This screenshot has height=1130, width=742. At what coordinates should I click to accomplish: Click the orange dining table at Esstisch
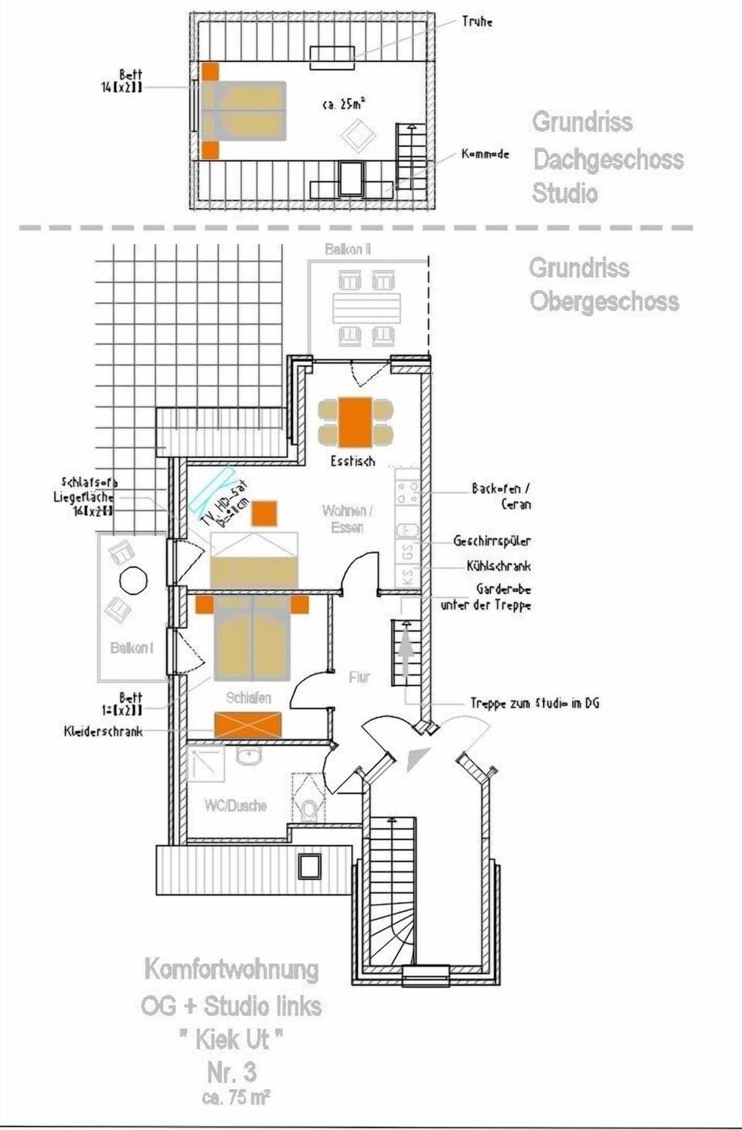(356, 422)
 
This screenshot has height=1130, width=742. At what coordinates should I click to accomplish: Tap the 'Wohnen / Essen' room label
(347, 518)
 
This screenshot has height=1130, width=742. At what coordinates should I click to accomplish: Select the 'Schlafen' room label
(248, 698)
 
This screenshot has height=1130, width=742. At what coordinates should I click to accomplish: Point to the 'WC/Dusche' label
(235, 806)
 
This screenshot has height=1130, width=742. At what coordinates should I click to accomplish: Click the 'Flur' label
(359, 678)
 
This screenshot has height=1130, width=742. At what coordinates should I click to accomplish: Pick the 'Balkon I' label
(131, 648)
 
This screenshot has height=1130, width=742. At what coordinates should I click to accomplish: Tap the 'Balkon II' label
(348, 249)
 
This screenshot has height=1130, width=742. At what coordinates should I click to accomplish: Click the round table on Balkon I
(134, 580)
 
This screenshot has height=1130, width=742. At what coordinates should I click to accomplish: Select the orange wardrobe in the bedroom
(247, 725)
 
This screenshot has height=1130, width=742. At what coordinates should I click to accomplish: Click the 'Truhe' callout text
(477, 22)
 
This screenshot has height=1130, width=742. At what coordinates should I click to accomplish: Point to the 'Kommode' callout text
(485, 154)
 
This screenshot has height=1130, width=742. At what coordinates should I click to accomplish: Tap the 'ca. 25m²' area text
(344, 103)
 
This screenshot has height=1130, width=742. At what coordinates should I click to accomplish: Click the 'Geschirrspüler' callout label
(492, 541)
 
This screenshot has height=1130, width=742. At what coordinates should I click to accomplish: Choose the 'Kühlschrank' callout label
(499, 566)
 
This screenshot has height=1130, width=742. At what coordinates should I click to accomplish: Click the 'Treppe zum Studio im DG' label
(534, 703)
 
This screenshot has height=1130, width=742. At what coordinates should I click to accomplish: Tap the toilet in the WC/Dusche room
(309, 808)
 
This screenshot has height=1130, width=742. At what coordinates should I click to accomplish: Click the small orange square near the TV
(264, 514)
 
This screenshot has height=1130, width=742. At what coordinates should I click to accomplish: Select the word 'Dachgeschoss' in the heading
(608, 159)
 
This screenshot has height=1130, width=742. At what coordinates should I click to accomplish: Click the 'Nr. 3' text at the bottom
(232, 1072)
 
